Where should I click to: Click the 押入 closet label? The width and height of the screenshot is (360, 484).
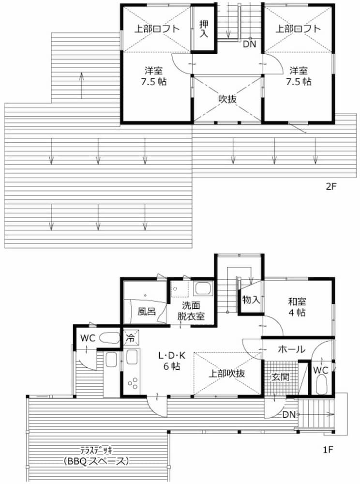pos(204,29)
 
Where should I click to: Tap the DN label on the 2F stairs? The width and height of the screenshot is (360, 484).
pos(249,44)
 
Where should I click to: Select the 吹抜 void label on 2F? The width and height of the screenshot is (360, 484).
pos(227,99)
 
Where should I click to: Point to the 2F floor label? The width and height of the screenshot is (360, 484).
pos(330,187)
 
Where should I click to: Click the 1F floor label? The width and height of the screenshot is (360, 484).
pos(328,450)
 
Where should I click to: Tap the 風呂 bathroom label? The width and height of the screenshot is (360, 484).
pos(147,311)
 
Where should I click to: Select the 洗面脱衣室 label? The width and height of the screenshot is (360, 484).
pos(191,311)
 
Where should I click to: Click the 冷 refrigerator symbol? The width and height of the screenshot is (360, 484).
pos(131,338)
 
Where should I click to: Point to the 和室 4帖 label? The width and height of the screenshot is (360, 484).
pos(297,306)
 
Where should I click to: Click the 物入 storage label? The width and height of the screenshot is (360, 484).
pos(251,299)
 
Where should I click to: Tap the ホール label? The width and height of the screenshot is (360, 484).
pos(291,349)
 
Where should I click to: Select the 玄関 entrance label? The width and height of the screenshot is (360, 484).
pos(280,377)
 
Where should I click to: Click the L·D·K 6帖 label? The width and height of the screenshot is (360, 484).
pos(172,361)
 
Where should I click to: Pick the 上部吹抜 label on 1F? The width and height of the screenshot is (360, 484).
pos(227,374)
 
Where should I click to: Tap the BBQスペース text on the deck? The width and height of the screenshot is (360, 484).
pos(96,461)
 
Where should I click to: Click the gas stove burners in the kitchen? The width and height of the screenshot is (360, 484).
pos(133,383)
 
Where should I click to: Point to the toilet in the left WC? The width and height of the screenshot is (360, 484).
pos(110,338)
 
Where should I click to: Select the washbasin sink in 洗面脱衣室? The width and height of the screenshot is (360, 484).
pos(203,288)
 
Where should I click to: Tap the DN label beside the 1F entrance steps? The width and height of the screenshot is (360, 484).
pos(289,415)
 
